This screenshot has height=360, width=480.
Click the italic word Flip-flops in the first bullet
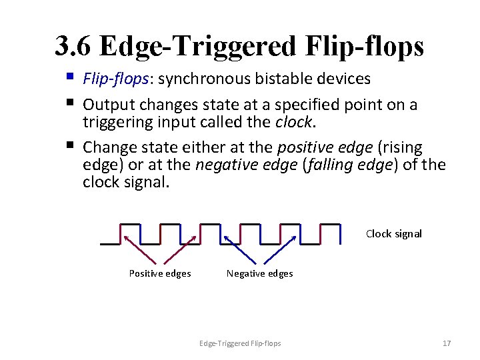pyautogui.click(x=116, y=79)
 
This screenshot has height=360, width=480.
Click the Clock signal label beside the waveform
pyautogui.click(x=393, y=234)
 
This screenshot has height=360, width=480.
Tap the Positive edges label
pyautogui.click(x=159, y=273)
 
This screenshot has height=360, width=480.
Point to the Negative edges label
pyautogui.click(x=259, y=273)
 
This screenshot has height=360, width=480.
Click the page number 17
pyautogui.click(x=447, y=343)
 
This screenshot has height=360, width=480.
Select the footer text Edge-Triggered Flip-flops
pyautogui.click(x=240, y=343)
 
